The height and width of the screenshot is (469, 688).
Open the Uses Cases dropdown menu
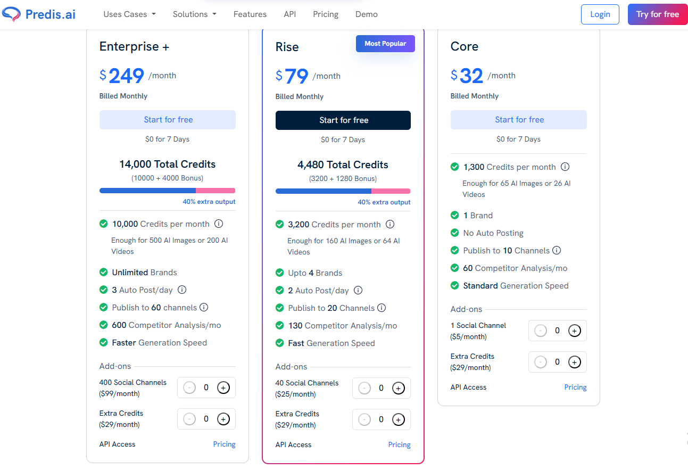click(129, 14)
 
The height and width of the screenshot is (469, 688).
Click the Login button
click(600, 14)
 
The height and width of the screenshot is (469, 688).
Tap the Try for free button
click(657, 14)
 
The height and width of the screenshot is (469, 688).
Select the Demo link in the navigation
click(366, 14)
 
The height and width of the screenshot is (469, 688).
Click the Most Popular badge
click(385, 44)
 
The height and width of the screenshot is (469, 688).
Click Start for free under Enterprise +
click(168, 120)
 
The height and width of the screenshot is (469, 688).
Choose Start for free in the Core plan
click(519, 120)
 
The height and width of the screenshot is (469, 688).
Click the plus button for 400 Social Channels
click(223, 388)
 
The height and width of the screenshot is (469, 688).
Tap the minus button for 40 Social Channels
click(364, 389)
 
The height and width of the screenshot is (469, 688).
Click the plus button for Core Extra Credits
click(574, 362)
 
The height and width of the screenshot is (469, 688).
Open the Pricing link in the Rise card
click(399, 445)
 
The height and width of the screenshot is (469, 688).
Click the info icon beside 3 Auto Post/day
click(182, 290)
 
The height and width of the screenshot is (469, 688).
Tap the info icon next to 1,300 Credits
click(565, 167)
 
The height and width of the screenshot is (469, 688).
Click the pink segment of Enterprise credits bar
click(215, 191)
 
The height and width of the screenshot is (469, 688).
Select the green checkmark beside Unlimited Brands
click(104, 273)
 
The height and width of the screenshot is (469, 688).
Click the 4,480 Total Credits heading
click(343, 165)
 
